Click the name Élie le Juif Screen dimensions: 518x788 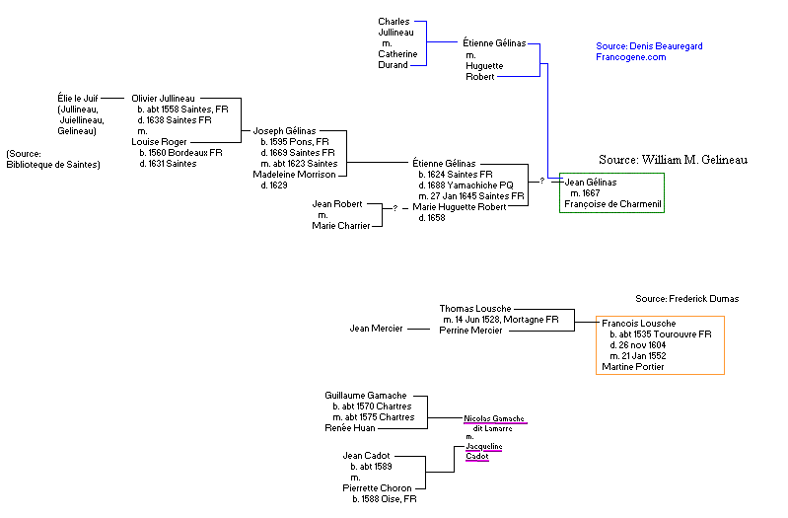[x=82, y=99]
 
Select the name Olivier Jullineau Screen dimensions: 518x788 [x=164, y=99]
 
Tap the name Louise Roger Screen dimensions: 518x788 [x=159, y=142]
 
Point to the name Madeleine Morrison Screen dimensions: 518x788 [x=295, y=175]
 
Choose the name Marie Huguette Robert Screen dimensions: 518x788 [x=460, y=207]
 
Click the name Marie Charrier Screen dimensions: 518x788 [x=341, y=226]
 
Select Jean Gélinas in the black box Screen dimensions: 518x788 [x=591, y=183]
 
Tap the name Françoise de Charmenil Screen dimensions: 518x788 [x=612, y=204]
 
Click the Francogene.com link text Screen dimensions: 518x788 [x=631, y=57]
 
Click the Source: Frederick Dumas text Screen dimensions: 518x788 [x=686, y=298]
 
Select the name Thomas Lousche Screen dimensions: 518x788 [x=475, y=309]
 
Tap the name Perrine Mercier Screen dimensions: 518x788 [x=471, y=331]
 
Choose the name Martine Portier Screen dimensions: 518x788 [x=633, y=366]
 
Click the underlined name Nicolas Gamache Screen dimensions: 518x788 [x=494, y=418]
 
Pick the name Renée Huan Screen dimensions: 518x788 [x=350, y=428]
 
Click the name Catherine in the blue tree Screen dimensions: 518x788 [x=397, y=53]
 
